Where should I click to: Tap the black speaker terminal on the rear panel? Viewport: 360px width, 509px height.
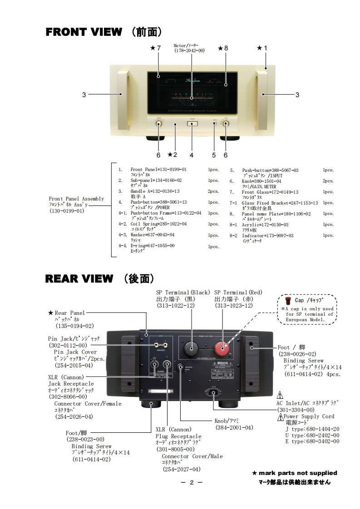pos(191,349)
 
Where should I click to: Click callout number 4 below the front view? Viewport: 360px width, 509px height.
pos(192,155)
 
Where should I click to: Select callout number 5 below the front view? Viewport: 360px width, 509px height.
pos(214,155)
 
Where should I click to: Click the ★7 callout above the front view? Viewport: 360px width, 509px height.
pos(155,48)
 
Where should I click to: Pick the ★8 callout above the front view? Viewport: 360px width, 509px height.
pos(222,48)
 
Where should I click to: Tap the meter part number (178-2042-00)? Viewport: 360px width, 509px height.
pos(189,50)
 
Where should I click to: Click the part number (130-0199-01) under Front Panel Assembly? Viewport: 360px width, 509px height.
pos(67,211)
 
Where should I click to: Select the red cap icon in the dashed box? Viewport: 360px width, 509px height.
pos(288,300)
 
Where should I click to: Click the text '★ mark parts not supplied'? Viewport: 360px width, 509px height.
pos(295,473)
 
